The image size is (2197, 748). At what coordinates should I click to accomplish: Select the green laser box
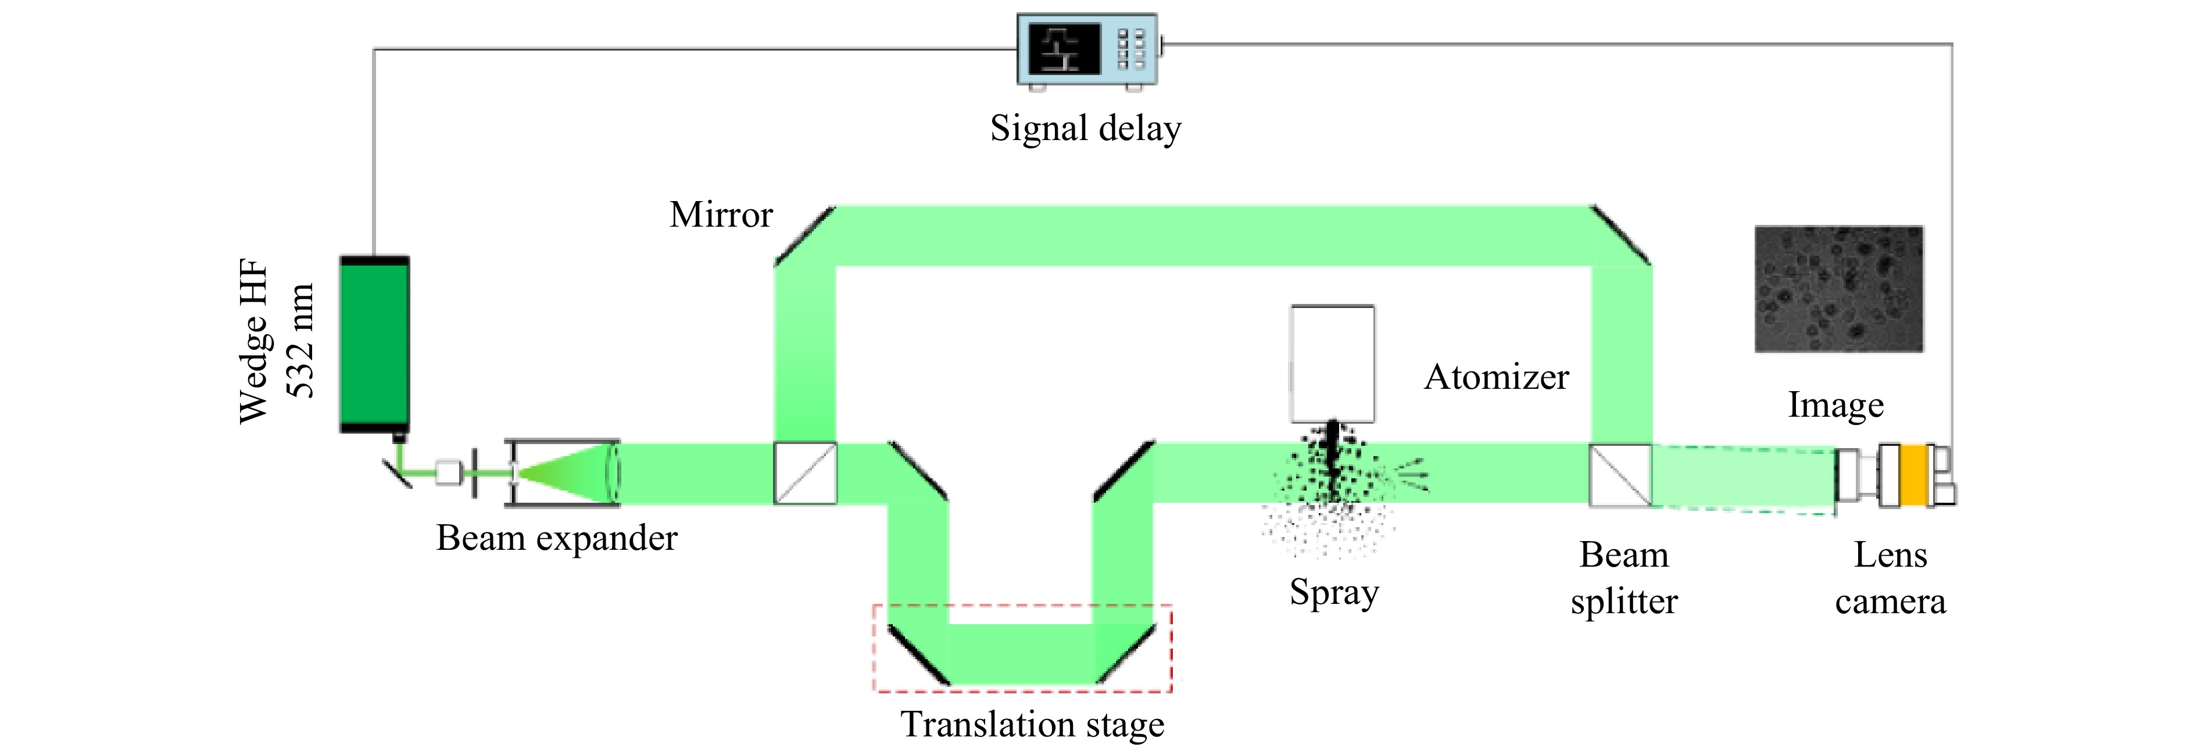click(x=374, y=343)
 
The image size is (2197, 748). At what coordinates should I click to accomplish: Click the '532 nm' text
click(x=300, y=341)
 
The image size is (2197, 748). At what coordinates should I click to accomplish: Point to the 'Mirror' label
click(x=721, y=215)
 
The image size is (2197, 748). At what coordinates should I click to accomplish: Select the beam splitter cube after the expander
click(x=805, y=473)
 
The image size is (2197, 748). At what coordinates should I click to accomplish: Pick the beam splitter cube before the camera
click(x=1620, y=475)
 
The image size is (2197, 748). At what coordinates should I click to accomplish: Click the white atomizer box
click(x=1332, y=363)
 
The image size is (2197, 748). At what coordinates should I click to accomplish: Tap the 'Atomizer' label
click(x=1497, y=377)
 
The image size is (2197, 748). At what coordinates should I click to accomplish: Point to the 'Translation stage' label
click(x=1033, y=725)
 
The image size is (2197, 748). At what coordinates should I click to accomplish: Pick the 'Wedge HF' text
click(x=254, y=341)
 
